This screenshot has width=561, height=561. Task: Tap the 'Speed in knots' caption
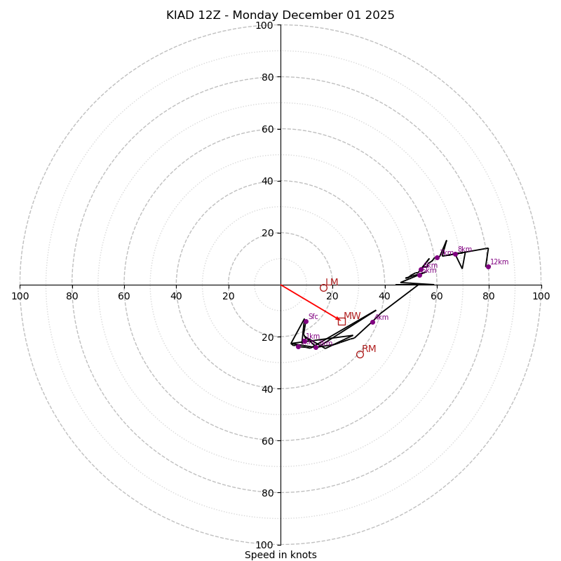click(x=280, y=555)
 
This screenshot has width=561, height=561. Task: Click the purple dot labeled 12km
click(x=488, y=266)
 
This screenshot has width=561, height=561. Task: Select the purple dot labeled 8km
click(x=455, y=254)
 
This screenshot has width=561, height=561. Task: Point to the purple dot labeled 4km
click(x=372, y=322)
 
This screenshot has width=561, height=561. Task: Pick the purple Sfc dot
click(x=306, y=321)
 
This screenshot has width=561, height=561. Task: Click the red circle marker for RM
click(x=360, y=354)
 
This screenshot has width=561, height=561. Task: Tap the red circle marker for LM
click(x=323, y=288)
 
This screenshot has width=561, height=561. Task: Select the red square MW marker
click(x=342, y=321)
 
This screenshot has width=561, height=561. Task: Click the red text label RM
click(x=369, y=349)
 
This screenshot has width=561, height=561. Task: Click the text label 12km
click(x=499, y=262)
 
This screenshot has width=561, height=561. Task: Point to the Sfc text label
click(x=313, y=317)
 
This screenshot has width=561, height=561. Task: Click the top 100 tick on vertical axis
click(x=264, y=25)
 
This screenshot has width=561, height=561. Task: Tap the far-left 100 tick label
click(x=20, y=296)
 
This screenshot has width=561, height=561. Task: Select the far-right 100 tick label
click(x=541, y=296)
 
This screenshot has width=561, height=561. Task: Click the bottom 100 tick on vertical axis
click(x=264, y=544)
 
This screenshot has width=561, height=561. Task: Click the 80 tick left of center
click(x=72, y=296)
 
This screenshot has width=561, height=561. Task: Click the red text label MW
click(x=352, y=316)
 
